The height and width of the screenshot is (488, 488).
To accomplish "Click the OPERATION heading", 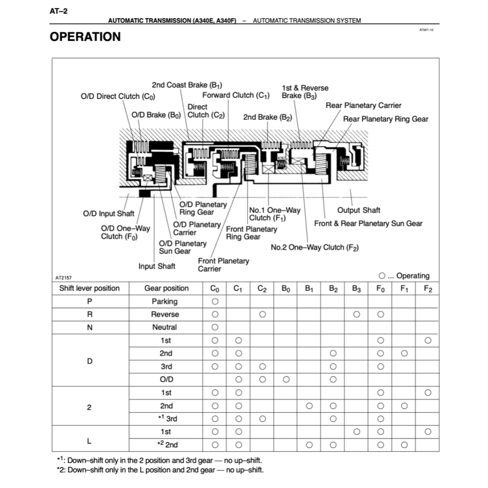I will (85, 37).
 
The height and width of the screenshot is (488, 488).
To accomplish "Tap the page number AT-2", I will (58, 10).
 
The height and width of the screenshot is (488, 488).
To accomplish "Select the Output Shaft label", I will (358, 210).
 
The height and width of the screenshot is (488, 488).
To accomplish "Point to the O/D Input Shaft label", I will (109, 213).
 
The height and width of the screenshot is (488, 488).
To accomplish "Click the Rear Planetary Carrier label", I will (363, 105).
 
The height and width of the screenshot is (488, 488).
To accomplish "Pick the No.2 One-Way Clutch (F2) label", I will (315, 247).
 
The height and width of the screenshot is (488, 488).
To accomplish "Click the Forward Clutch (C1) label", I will (235, 95).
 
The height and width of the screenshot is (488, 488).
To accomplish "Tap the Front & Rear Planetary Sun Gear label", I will (368, 223).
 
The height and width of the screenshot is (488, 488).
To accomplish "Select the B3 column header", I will (356, 288).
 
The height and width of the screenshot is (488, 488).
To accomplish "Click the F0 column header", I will (380, 288).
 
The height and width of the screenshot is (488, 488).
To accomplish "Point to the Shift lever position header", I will (90, 288).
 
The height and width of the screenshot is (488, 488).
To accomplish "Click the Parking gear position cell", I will (165, 301).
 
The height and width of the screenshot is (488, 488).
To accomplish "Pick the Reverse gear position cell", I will (165, 315).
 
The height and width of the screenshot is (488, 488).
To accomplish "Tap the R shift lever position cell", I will (90, 315).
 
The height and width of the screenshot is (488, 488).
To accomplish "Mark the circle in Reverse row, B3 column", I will (356, 315).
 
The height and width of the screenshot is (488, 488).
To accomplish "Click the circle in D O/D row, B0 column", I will (286, 380).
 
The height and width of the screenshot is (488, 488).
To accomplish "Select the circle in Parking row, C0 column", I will (215, 301).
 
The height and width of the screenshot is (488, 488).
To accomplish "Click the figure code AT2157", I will (63, 277).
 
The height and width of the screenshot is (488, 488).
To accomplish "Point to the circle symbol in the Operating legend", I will (382, 276).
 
